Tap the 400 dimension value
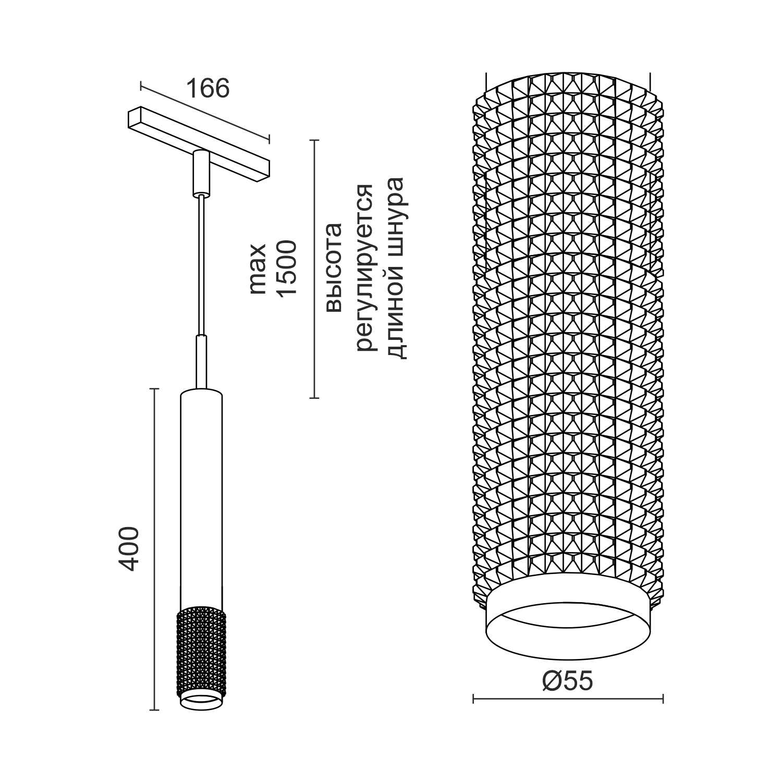click(x=128, y=549)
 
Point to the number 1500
click(x=287, y=268)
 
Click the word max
click(x=258, y=268)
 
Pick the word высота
click(x=334, y=267)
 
